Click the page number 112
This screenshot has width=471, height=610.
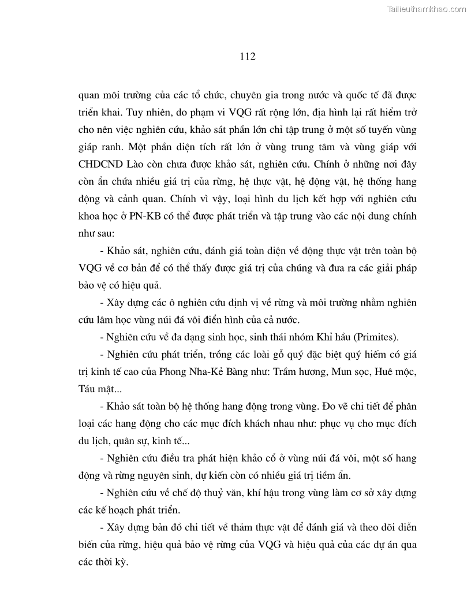(x=246, y=57)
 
